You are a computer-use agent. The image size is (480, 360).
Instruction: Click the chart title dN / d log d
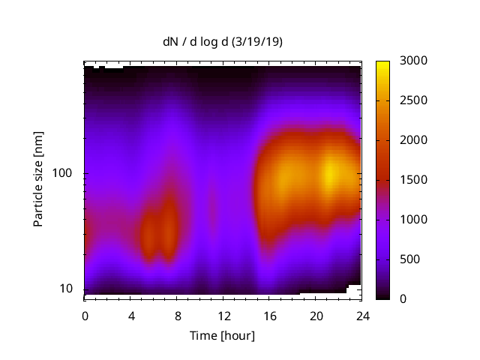[197, 42]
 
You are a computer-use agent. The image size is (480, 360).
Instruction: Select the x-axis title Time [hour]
[222, 335]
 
